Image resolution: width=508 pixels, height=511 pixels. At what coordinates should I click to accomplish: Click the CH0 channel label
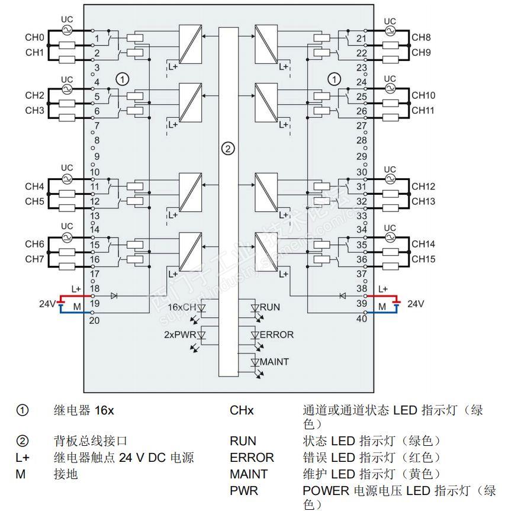pos(34,38)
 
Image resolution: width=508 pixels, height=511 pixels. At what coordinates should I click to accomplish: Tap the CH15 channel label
pos(423,259)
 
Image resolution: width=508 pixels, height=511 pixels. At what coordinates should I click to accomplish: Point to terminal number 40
pos(362,319)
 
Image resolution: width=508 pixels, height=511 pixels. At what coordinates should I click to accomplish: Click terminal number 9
pos(97,157)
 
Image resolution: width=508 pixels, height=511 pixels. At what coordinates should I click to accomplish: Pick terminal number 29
pos(362,156)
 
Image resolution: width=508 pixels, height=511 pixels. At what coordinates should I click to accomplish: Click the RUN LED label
pos(270,307)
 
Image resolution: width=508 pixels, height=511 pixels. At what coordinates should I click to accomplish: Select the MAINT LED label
pos(275,361)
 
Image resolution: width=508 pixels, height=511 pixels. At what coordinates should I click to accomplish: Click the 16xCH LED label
pos(181,307)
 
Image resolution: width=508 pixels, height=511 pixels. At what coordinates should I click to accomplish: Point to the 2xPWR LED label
pos(179,335)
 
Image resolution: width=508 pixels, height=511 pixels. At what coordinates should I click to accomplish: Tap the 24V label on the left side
pos(47,304)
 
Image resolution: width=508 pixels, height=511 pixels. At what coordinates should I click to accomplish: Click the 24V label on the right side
pos(416,304)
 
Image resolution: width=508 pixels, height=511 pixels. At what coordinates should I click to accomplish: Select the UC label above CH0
pos(67,20)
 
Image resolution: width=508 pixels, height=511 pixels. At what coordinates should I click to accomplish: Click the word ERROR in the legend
pos(252,458)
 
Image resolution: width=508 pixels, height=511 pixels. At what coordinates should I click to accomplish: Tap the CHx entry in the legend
pos(242,410)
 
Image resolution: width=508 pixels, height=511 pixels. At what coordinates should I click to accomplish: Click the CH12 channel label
pos(423,187)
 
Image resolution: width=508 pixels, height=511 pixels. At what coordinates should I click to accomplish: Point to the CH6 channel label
pos(34,244)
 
